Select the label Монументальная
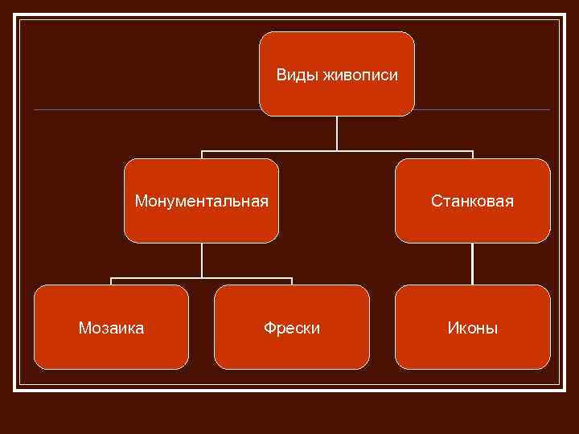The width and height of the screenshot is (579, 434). point(201,200)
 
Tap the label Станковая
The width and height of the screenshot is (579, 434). point(472,200)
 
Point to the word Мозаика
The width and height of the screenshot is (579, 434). point(111,328)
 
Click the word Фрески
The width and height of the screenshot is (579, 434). point(292,328)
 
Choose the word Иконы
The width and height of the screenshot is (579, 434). point(473,328)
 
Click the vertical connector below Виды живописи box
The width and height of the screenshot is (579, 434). point(337,133)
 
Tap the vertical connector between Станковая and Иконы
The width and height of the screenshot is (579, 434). point(473,264)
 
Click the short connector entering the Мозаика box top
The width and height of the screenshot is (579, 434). point(111,281)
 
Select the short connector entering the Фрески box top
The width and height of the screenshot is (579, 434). point(291,281)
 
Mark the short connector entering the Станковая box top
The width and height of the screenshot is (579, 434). point(473,154)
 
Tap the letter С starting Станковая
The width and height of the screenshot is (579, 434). point(436,200)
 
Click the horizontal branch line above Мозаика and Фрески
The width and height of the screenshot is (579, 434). point(201,278)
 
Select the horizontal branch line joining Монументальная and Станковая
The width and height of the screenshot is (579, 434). point(337,151)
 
